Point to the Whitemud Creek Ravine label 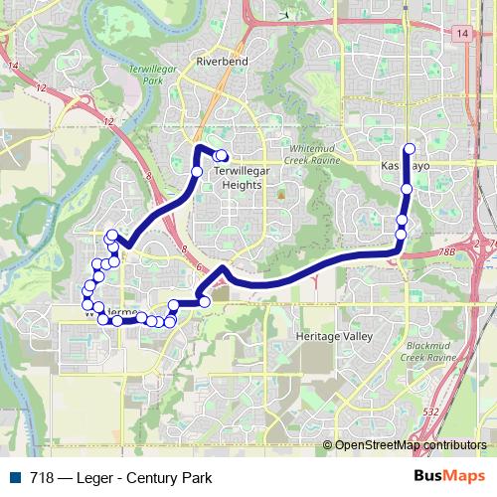[x=314, y=151]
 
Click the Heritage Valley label [x=331, y=337]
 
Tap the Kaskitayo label [x=406, y=166]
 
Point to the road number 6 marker [x=199, y=267]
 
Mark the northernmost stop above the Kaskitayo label [x=409, y=149]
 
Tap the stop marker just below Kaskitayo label [x=407, y=188]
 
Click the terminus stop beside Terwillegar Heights [x=223, y=155]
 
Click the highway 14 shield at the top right [x=463, y=34]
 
